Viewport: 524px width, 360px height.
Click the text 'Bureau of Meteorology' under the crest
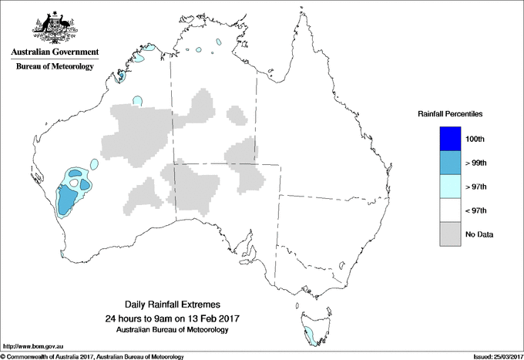coord(54,66)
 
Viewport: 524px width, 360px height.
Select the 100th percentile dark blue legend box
coord(450,139)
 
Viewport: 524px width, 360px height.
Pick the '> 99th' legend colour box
coord(450,163)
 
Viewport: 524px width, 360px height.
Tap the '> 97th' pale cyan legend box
coord(450,187)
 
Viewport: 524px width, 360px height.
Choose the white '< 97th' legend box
coord(450,210)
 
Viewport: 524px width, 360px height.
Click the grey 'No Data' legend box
coord(450,234)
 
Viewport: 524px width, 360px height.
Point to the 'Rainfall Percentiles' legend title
coord(450,114)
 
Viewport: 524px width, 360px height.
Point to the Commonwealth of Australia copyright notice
coord(92,356)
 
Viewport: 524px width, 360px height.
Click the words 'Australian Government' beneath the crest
coord(54,52)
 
